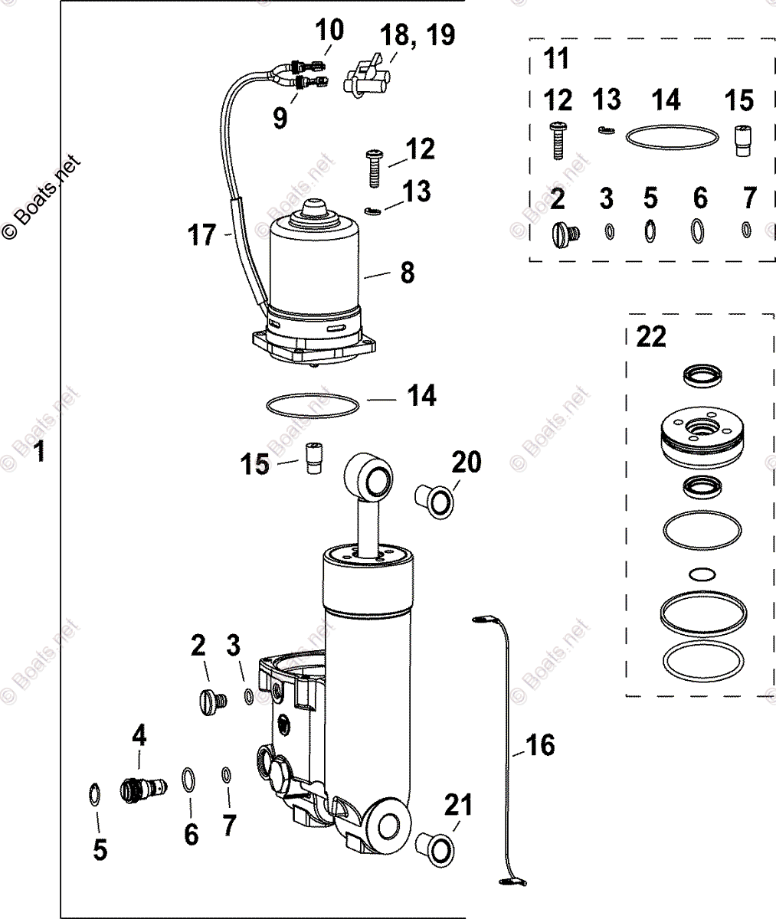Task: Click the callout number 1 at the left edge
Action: [x=40, y=451]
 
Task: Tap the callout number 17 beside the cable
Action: [x=203, y=235]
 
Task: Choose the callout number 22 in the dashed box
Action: [x=651, y=336]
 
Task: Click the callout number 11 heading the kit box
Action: [x=556, y=58]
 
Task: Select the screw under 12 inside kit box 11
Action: [x=558, y=140]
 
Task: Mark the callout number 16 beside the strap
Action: [x=540, y=744]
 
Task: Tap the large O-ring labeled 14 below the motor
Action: [x=314, y=405]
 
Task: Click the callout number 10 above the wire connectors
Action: [x=330, y=31]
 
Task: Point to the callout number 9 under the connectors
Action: [x=280, y=117]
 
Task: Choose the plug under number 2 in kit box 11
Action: [x=565, y=231]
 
